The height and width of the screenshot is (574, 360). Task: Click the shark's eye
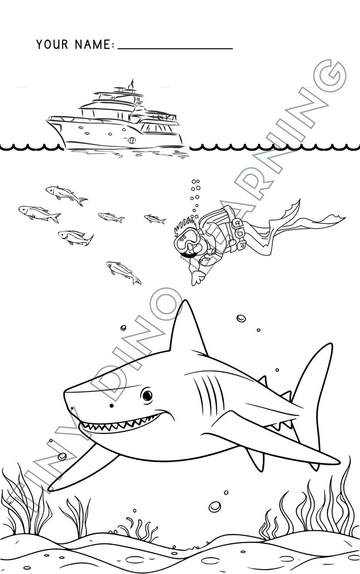(147, 395)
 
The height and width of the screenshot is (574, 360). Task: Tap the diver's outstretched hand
(196, 277)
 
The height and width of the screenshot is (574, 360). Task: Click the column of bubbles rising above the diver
(195, 195)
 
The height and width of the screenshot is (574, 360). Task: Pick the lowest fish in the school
(123, 272)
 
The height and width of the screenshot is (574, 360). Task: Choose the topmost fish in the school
(66, 194)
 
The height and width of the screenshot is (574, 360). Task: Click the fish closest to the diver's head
(155, 219)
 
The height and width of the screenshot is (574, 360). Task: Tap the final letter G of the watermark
(329, 76)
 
